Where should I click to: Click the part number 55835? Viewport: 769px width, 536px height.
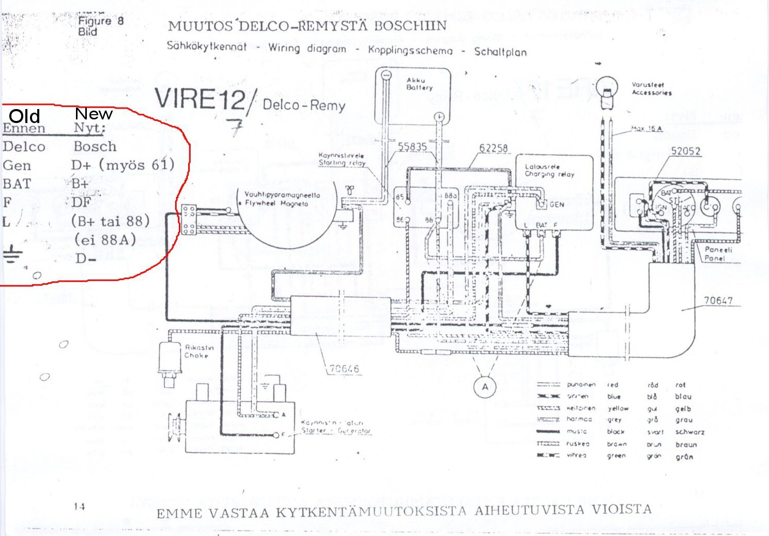pos(412,147)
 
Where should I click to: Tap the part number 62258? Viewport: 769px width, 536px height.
pos(494,148)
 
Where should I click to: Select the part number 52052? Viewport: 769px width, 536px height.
pos(685,151)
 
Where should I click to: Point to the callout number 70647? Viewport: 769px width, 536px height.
pos(718,301)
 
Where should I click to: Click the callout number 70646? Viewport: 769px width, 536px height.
pos(344,369)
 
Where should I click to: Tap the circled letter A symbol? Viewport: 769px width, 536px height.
pos(485,387)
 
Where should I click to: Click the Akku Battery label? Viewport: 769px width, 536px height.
pos(419,84)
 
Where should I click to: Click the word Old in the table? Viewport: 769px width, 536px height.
pos(24,116)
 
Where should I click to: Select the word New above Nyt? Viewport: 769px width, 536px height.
pos(94,114)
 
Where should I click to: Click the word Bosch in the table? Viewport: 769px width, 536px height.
pos(95,146)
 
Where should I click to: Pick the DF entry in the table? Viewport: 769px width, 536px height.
pos(82,202)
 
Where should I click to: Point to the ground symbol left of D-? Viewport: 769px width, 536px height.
pos(11,256)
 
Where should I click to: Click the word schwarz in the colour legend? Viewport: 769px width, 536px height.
pos(689,432)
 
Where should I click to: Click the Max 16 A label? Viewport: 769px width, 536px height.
pos(647,128)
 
